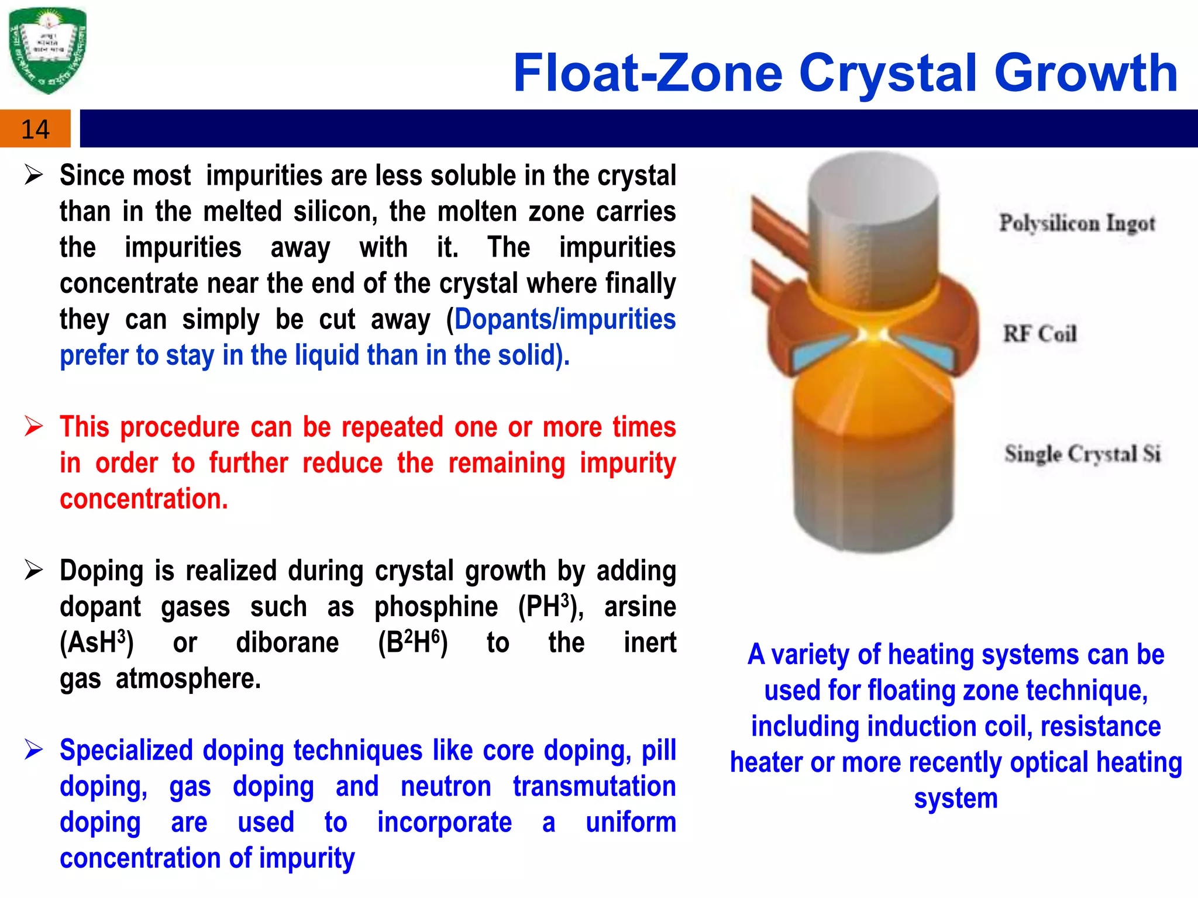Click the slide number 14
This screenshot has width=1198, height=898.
pos(35,129)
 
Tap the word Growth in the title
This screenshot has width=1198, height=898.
pos(1086,74)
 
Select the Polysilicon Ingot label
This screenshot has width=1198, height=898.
pos(1077,223)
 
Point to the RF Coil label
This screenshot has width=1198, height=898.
pos(1040,334)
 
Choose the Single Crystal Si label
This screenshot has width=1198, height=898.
pos(1082,454)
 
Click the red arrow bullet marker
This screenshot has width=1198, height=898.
pos(34,427)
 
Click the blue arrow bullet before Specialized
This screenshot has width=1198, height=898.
pos(34,750)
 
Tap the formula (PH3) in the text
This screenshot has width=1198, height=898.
pos(550,607)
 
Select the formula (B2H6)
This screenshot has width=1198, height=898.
pos(413,643)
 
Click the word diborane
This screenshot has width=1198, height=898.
pos(287,643)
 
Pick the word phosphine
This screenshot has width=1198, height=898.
pos(436,607)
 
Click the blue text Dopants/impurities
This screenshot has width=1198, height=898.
pos(565,320)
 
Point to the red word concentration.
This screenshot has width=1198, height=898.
pos(144,499)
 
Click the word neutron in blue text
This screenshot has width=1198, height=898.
pos(446,786)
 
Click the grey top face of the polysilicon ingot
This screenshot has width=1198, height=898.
pos(873,181)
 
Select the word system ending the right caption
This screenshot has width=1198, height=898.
pos(956,799)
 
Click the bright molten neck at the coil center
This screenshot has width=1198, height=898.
pos(876,335)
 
